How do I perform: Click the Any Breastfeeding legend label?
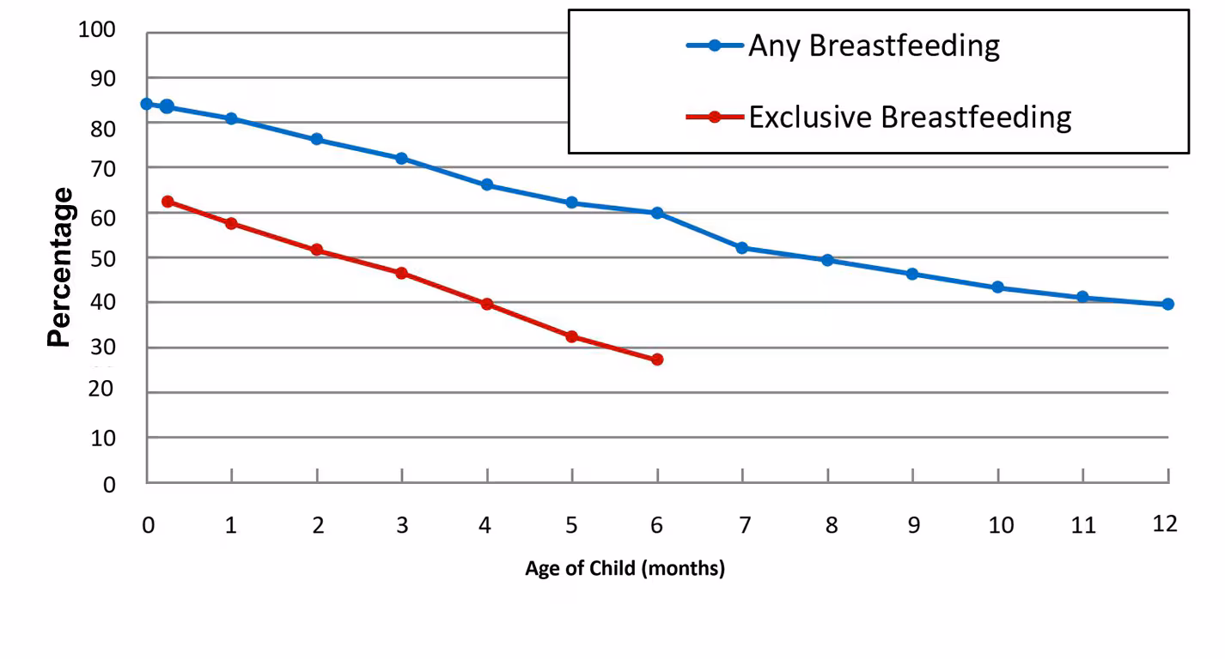(x=873, y=45)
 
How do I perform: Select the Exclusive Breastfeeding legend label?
(x=909, y=117)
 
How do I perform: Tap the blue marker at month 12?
(x=1167, y=304)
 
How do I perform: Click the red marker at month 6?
(x=657, y=360)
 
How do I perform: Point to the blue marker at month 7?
(x=742, y=248)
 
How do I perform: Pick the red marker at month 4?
(x=487, y=304)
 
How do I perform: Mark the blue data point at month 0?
(x=147, y=104)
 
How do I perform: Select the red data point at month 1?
(x=231, y=223)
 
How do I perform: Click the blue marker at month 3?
(x=401, y=159)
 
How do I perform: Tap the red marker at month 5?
(x=572, y=336)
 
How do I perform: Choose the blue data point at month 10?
(x=997, y=287)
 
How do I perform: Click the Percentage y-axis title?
(x=59, y=267)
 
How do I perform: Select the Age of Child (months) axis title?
(x=625, y=569)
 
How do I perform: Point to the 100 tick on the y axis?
(x=97, y=31)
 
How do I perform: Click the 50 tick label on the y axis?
(x=102, y=258)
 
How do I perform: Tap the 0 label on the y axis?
(x=109, y=485)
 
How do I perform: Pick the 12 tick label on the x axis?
(x=1165, y=524)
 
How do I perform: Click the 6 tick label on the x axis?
(x=657, y=525)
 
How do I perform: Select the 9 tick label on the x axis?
(x=913, y=525)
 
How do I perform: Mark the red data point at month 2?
(x=316, y=250)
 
